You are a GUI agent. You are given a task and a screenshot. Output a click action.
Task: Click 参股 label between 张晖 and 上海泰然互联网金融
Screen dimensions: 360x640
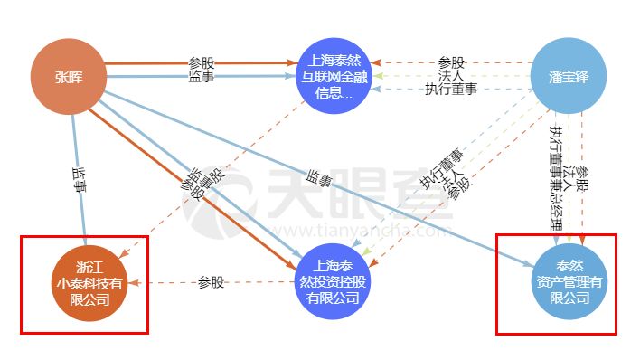coord(201,63)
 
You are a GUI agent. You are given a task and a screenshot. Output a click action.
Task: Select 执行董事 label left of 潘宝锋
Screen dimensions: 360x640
coord(450,89)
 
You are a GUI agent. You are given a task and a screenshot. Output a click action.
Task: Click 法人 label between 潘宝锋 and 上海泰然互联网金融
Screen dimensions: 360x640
coord(450,76)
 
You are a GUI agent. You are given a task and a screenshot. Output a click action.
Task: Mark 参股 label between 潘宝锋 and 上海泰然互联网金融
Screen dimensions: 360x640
coord(450,63)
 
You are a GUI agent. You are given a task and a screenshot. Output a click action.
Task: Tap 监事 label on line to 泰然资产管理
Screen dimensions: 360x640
coord(318,179)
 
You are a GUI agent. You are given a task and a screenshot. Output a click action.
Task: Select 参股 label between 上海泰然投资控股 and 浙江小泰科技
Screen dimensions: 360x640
coord(211,282)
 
